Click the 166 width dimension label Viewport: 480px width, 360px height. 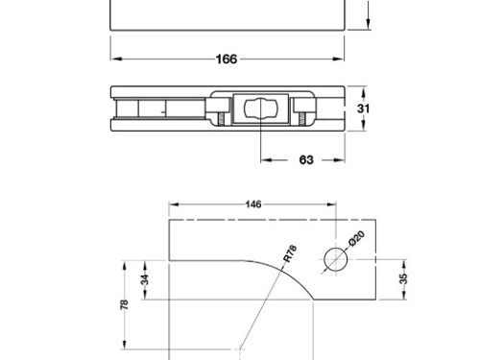(227, 60)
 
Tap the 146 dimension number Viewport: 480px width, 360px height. (253, 204)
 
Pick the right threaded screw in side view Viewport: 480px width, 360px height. (300, 119)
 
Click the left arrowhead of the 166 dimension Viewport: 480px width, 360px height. (115, 60)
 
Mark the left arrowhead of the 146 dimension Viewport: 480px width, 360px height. (173, 204)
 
